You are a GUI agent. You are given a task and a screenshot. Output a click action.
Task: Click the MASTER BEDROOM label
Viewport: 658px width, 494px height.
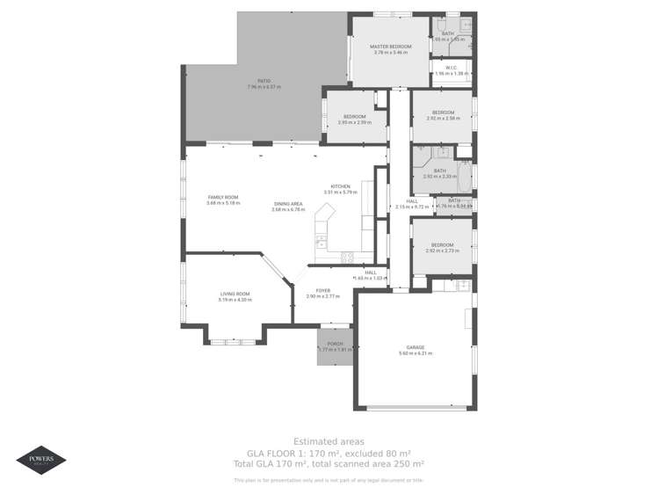(391, 46)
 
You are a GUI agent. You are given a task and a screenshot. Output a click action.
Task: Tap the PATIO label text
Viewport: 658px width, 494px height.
(251, 81)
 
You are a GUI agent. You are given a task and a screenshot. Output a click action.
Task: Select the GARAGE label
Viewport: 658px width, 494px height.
(416, 347)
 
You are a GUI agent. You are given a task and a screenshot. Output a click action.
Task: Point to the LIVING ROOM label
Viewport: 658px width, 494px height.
(235, 294)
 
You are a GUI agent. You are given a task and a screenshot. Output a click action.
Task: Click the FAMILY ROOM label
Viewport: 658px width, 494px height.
(222, 197)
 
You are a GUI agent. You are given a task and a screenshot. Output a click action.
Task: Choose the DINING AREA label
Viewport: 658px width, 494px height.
(287, 204)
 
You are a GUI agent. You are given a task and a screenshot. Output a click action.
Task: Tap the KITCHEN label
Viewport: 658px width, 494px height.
(341, 185)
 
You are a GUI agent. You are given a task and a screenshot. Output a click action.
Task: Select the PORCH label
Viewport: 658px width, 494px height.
(335, 344)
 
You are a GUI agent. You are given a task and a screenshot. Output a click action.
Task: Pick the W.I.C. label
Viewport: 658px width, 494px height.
(451, 68)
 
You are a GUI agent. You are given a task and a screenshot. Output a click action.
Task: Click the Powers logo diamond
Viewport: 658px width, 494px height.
(40, 460)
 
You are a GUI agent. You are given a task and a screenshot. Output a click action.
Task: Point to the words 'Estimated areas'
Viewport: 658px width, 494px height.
(329, 441)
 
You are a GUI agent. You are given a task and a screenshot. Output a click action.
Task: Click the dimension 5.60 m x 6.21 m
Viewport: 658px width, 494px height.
(416, 353)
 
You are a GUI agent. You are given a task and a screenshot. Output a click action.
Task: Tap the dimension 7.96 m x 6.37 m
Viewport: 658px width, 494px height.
(251, 87)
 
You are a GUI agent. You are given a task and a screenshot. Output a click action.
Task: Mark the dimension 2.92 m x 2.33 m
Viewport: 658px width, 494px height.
(439, 176)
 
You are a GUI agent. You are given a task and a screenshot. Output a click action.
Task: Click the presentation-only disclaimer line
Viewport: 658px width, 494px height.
(329, 480)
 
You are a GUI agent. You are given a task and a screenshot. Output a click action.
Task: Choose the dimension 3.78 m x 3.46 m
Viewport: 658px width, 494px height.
(391, 53)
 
